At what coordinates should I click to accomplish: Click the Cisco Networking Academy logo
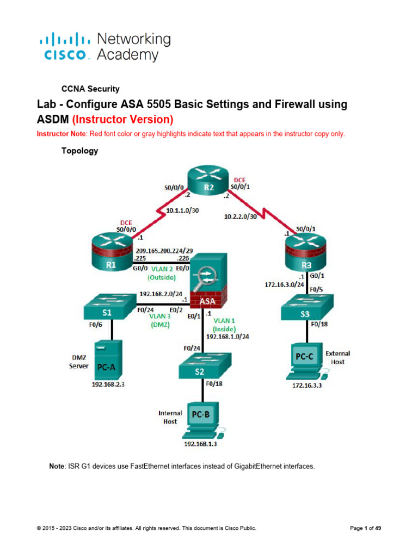pos(105,47)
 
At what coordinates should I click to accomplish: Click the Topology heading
pos(79,151)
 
